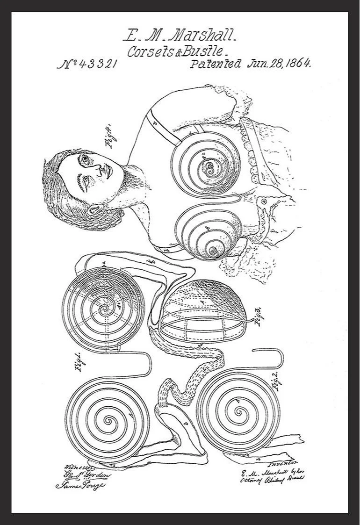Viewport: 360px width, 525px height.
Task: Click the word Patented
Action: tap(216, 64)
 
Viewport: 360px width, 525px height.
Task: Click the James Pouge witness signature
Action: tap(80, 485)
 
